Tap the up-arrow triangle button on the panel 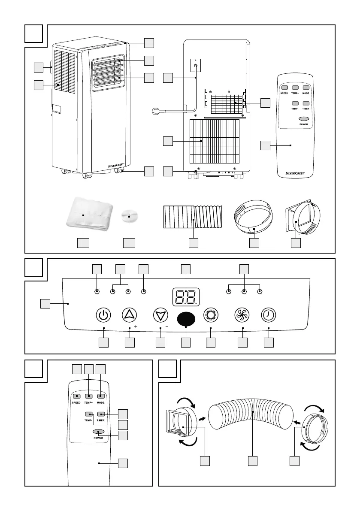click(129, 315)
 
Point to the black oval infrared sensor click(186, 319)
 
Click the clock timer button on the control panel click(269, 315)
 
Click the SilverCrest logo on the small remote click(296, 173)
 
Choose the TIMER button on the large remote click(101, 414)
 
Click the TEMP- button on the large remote click(89, 414)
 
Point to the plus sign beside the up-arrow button click(136, 327)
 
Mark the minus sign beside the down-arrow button click(166, 327)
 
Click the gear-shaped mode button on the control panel click(211, 315)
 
